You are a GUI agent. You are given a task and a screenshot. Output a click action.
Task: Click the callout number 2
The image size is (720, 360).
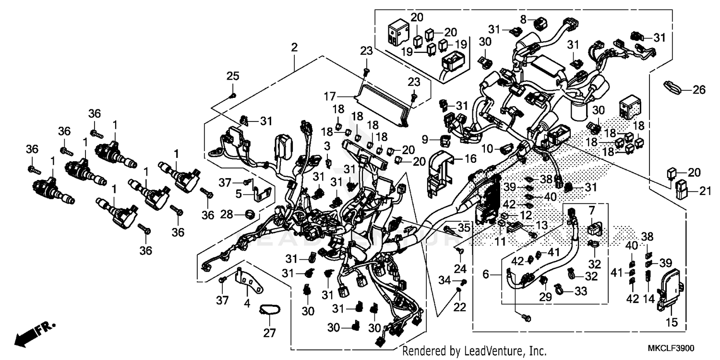294,48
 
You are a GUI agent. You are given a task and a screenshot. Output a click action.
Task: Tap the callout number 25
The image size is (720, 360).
233,76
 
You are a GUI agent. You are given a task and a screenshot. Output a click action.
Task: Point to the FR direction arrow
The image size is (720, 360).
34,334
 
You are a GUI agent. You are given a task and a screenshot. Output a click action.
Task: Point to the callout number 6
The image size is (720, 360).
486,275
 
